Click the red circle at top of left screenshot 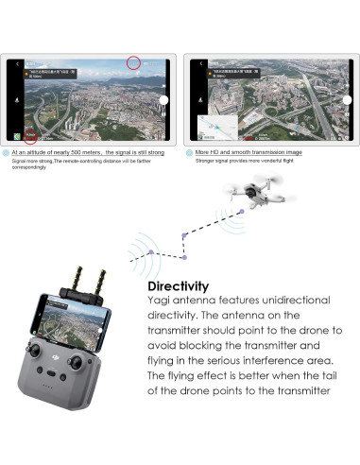(x=134, y=63)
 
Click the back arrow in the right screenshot (x=197, y=64)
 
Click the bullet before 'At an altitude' (x=7, y=151)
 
